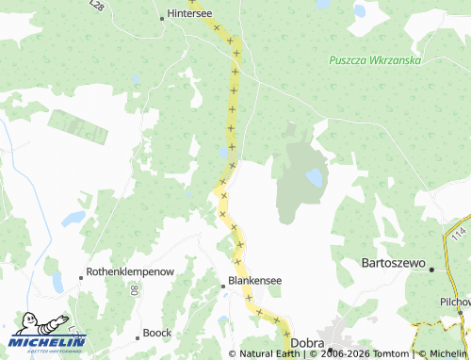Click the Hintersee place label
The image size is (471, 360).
pyautogui.click(x=190, y=14)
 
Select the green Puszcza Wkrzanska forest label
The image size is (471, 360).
pyautogui.click(x=373, y=60)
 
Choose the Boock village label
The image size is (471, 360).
pyautogui.click(x=157, y=333)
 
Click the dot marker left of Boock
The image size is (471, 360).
pyautogui.click(x=138, y=334)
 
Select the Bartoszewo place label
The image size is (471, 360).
pyautogui.click(x=394, y=263)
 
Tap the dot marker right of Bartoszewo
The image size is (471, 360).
pyautogui.click(x=431, y=270)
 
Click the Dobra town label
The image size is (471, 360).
pyautogui.click(x=307, y=344)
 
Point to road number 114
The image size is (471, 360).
pyautogui.click(x=458, y=232)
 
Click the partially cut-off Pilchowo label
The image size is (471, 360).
pyautogui.click(x=454, y=302)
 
